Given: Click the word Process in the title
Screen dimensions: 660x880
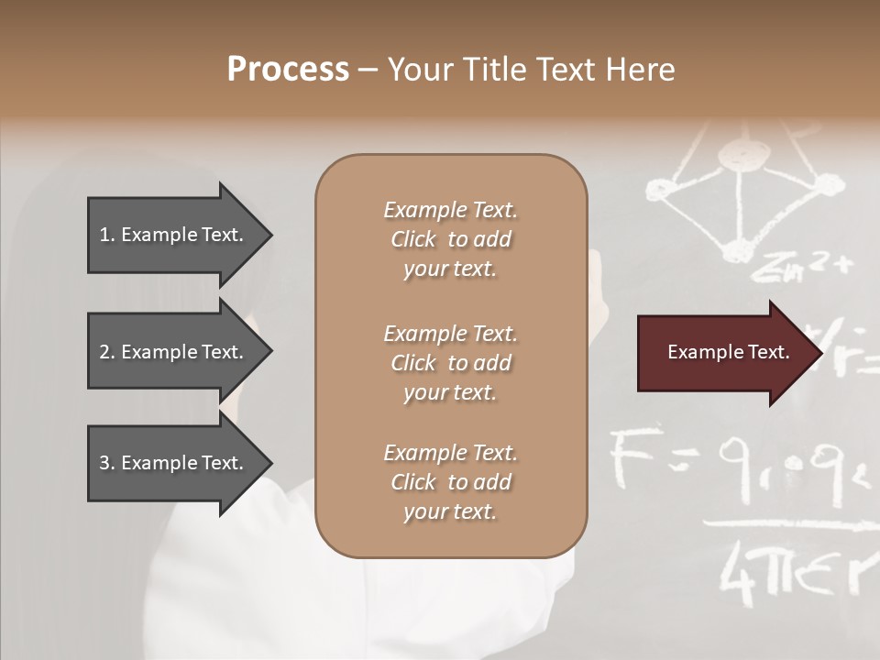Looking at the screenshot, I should [x=288, y=70].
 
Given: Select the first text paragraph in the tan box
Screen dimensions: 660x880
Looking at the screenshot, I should [x=450, y=239].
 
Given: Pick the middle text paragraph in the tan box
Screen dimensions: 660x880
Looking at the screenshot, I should [x=450, y=363].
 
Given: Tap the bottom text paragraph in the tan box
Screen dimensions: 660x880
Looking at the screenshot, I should [x=450, y=482].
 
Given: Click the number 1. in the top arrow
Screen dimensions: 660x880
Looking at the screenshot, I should [x=107, y=235].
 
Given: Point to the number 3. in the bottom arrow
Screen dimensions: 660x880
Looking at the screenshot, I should [x=107, y=463].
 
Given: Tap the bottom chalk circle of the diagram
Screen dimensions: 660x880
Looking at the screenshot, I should [x=733, y=249].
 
